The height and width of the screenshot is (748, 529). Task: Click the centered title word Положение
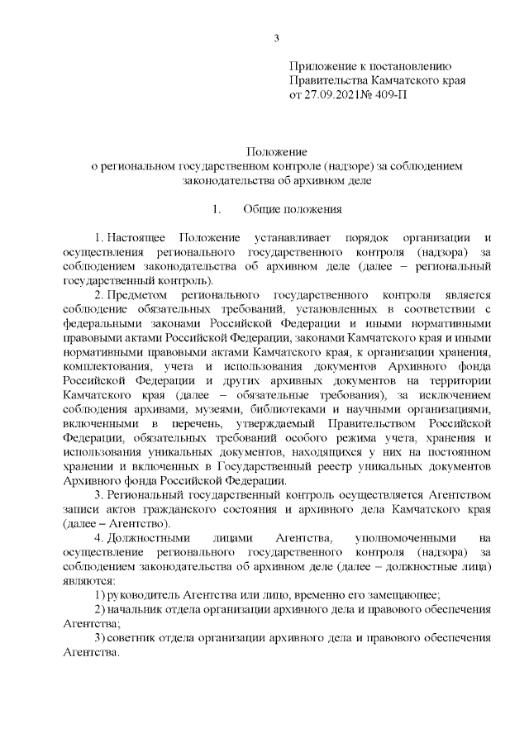(x=277, y=152)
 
